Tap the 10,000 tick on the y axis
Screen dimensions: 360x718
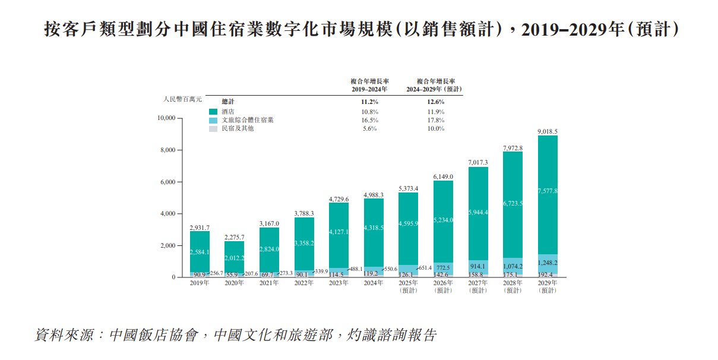(166, 118)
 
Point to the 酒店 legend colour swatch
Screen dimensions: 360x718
(213, 112)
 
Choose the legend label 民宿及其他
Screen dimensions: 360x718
(237, 128)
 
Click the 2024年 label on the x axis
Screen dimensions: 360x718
(374, 283)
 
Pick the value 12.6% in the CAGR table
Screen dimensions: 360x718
(435, 102)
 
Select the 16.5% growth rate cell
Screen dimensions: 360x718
(370, 120)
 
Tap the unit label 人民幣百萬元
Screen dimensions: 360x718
(182, 99)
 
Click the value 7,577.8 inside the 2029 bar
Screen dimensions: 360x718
(547, 191)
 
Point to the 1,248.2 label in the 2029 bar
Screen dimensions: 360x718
(547, 263)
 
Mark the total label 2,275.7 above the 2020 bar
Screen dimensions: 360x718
(234, 237)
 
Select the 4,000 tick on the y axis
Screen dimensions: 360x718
(167, 214)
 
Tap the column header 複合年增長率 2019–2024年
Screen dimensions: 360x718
(369, 85)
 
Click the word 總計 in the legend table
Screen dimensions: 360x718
(227, 102)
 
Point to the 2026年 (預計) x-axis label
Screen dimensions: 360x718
(443, 286)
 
